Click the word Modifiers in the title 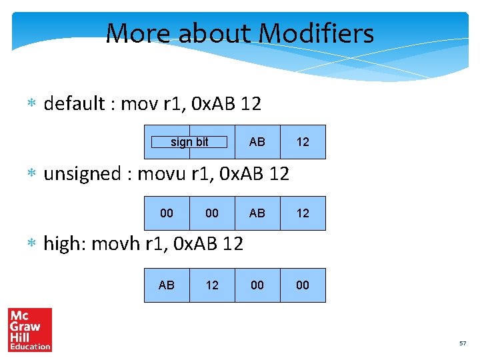[x=316, y=33]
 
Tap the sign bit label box [x=189, y=142]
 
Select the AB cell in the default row [x=257, y=142]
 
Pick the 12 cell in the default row [x=303, y=142]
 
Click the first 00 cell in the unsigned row [x=167, y=213]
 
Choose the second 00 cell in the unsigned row [x=212, y=213]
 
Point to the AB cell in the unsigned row [x=257, y=213]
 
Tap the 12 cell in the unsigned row [x=303, y=213]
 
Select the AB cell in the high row [x=167, y=285]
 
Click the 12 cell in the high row [x=212, y=285]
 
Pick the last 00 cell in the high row [x=303, y=285]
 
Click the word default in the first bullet [x=74, y=104]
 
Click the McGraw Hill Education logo [x=30, y=329]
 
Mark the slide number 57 [x=463, y=343]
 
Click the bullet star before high [x=31, y=245]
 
